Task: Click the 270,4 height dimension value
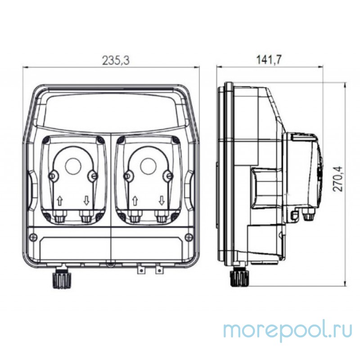[x=337, y=179]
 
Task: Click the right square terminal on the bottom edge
[x=158, y=270]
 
